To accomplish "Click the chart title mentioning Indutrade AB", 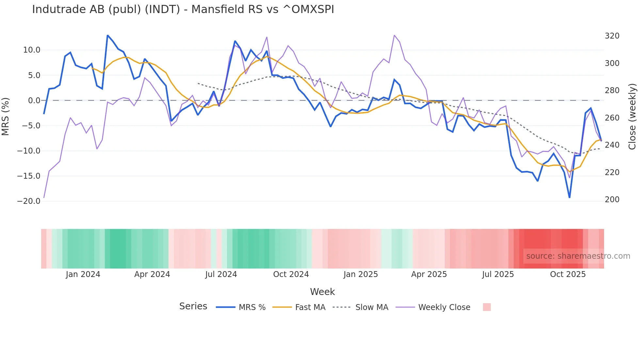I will point(183,9).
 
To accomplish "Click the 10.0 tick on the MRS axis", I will point(31,50).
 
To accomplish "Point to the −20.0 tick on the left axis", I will point(29,201).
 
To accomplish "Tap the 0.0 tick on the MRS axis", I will point(34,101).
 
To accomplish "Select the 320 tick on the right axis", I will point(612,36).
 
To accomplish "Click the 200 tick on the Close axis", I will point(612,200).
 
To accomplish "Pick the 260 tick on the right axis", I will point(612,118).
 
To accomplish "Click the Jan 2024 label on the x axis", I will point(83,274).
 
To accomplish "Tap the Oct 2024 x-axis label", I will point(291,274).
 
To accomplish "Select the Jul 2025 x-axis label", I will point(498,274).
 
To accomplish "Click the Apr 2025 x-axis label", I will point(429,274).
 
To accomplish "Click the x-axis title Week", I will point(322,292).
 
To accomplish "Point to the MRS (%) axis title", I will point(6,117).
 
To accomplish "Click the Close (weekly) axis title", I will point(632,117).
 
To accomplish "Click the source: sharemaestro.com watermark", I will point(578,256).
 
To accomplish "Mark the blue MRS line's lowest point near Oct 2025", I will point(569,197).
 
